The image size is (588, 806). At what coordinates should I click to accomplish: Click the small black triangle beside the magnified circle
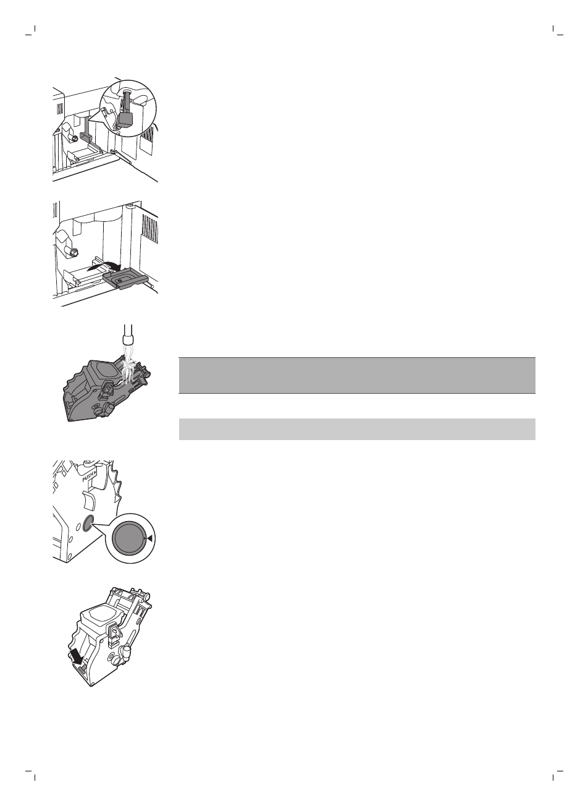click(150, 539)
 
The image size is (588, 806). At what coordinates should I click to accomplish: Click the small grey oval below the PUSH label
click(88, 523)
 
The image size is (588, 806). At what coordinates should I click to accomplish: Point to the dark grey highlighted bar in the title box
click(356, 375)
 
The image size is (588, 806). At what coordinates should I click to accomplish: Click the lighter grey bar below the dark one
click(356, 429)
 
